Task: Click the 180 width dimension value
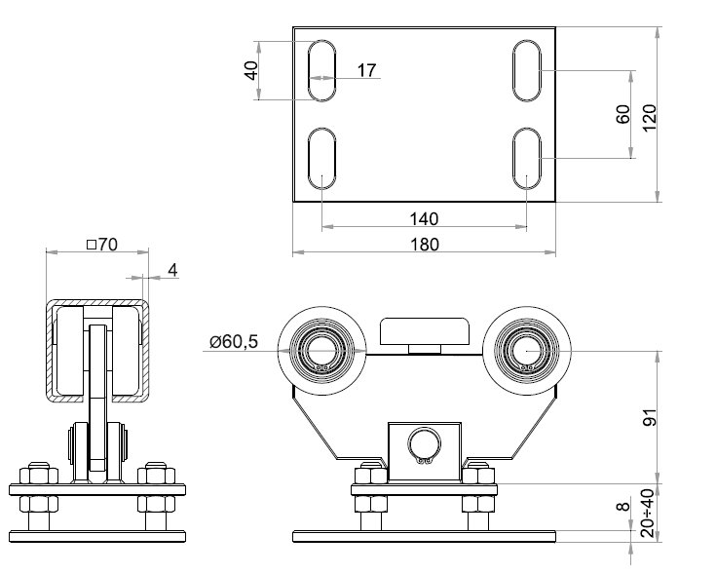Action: point(425,245)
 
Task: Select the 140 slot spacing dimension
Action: point(424,219)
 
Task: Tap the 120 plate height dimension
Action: point(650,118)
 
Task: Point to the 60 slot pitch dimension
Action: point(622,114)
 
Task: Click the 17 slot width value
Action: point(366,70)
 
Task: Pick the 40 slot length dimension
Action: point(251,70)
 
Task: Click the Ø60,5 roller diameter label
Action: point(234,341)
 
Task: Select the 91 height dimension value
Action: point(650,417)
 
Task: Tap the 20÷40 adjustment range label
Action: point(649,513)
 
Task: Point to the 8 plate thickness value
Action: point(622,506)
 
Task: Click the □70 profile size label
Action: point(102,245)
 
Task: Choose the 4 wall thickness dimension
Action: point(172,270)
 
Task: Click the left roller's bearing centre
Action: point(321,351)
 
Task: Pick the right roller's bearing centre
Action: point(526,351)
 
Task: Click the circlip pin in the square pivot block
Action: point(425,446)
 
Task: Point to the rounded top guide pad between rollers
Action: point(425,331)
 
